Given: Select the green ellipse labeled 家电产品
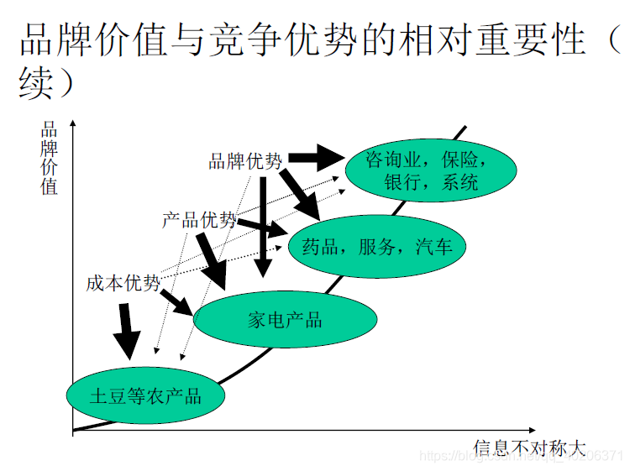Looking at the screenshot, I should pyautogui.click(x=285, y=319).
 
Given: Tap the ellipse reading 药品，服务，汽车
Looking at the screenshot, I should pyautogui.click(x=376, y=247).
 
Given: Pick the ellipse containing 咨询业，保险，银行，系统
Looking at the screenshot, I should pyautogui.click(x=430, y=170).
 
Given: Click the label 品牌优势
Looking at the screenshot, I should pyautogui.click(x=245, y=161).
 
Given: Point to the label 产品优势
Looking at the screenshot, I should pyautogui.click(x=199, y=221).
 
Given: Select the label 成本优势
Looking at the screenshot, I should pyautogui.click(x=123, y=283).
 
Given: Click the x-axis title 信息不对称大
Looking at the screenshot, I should pyautogui.click(x=528, y=447).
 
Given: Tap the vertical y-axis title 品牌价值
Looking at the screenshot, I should pyautogui.click(x=50, y=160).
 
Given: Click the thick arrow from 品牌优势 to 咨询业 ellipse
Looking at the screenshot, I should pyautogui.click(x=318, y=155).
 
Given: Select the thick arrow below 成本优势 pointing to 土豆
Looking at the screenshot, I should pyautogui.click(x=127, y=331).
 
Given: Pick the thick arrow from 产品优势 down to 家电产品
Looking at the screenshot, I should pyautogui.click(x=212, y=260).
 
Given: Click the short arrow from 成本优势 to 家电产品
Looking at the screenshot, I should pyautogui.click(x=176, y=301).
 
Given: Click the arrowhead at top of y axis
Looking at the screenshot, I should pyautogui.click(x=73, y=126).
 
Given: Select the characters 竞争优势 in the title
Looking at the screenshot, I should pyautogui.click(x=295, y=40).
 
